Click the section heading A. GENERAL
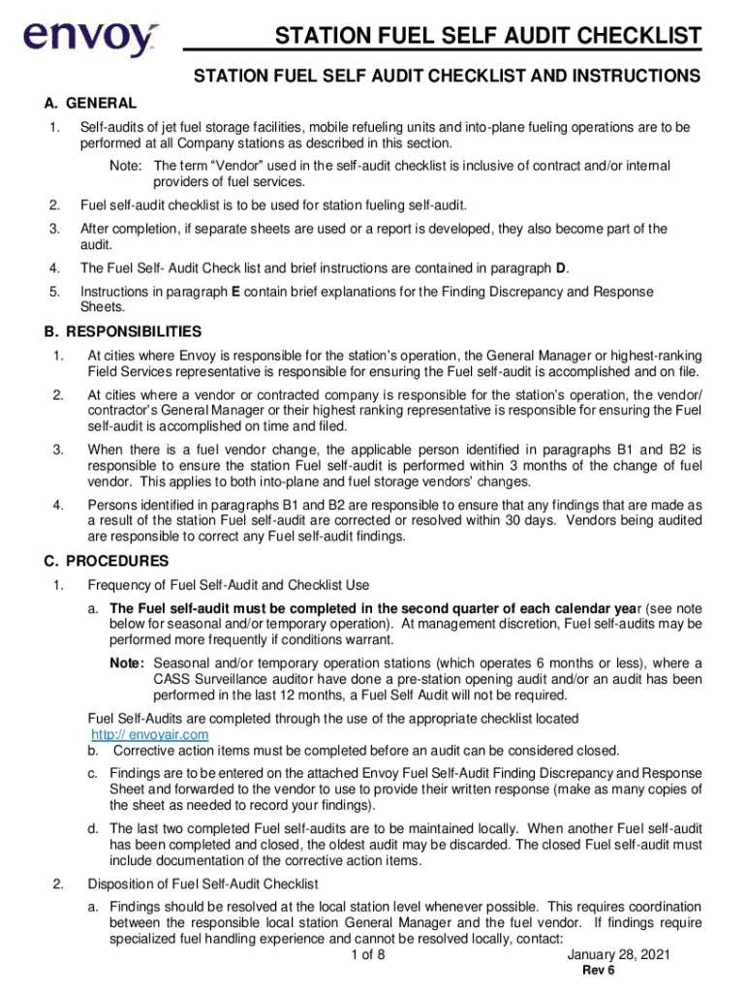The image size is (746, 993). [x=90, y=103]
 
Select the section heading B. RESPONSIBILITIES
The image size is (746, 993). [x=123, y=332]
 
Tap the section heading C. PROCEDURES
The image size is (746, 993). [x=107, y=561]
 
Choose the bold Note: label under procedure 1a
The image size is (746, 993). [x=127, y=663]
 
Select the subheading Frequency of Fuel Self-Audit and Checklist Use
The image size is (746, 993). [x=228, y=585]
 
